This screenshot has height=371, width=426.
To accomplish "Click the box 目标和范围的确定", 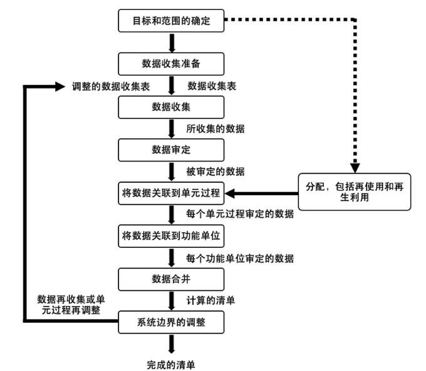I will [x=172, y=20].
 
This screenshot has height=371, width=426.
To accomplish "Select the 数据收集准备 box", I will [x=172, y=63].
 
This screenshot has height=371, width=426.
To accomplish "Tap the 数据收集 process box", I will [x=172, y=107].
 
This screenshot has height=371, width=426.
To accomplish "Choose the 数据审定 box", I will [x=172, y=150].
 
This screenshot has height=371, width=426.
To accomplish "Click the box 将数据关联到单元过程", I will [x=172, y=193].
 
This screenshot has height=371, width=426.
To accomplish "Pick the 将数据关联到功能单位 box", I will [x=172, y=236].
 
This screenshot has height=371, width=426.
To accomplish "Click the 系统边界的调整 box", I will [x=172, y=322].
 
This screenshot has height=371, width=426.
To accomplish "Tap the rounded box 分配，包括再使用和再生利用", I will [x=354, y=191].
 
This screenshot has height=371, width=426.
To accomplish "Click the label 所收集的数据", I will [x=215, y=128].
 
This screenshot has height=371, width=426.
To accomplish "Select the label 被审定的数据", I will [x=215, y=171].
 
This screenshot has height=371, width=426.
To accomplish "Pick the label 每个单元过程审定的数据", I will [x=240, y=214].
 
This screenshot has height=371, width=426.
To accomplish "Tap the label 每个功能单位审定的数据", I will [x=240, y=257].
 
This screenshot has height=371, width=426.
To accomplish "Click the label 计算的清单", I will [x=211, y=300].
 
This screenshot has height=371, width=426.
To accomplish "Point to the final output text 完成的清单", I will [x=172, y=363].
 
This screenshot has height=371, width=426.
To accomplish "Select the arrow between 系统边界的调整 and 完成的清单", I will [x=172, y=343].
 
